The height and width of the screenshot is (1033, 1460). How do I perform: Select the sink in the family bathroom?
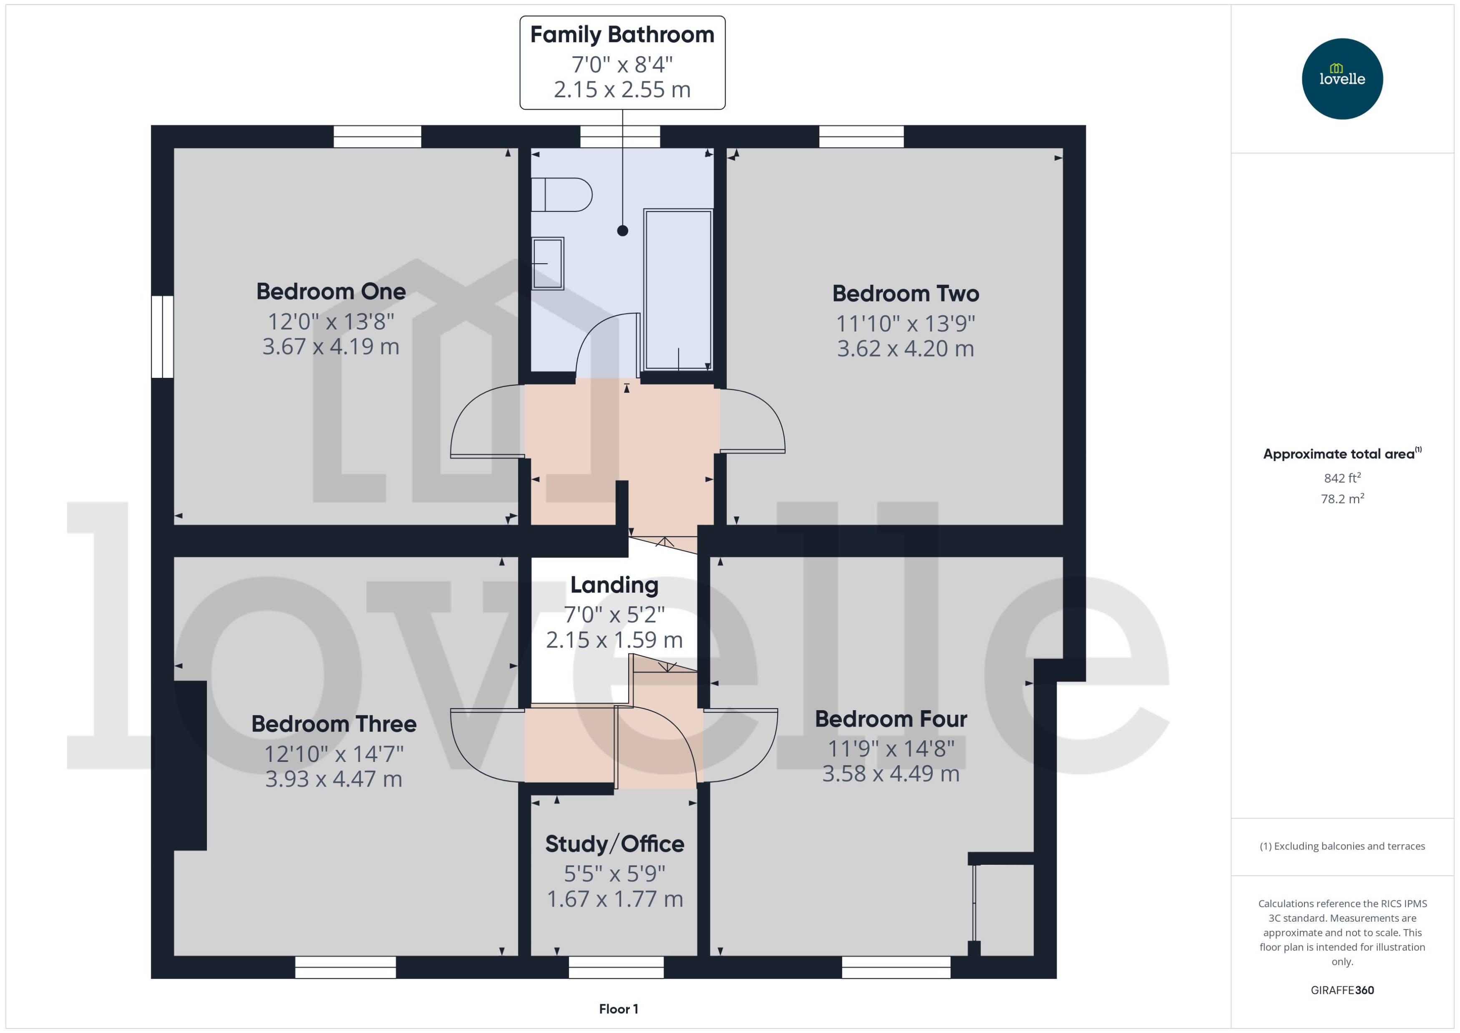pyautogui.click(x=548, y=263)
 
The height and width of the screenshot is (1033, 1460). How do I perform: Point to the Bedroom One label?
pyautogui.click(x=331, y=292)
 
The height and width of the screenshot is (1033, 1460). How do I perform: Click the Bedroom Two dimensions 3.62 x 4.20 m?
pyautogui.click(x=905, y=349)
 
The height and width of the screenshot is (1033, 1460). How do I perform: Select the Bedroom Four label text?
pyautogui.click(x=891, y=719)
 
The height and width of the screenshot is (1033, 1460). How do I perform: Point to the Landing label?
pyautogui.click(x=614, y=585)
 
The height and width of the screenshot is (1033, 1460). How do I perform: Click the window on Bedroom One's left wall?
pyautogui.click(x=162, y=337)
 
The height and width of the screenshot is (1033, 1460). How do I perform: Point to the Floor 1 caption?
pyautogui.click(x=618, y=1009)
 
